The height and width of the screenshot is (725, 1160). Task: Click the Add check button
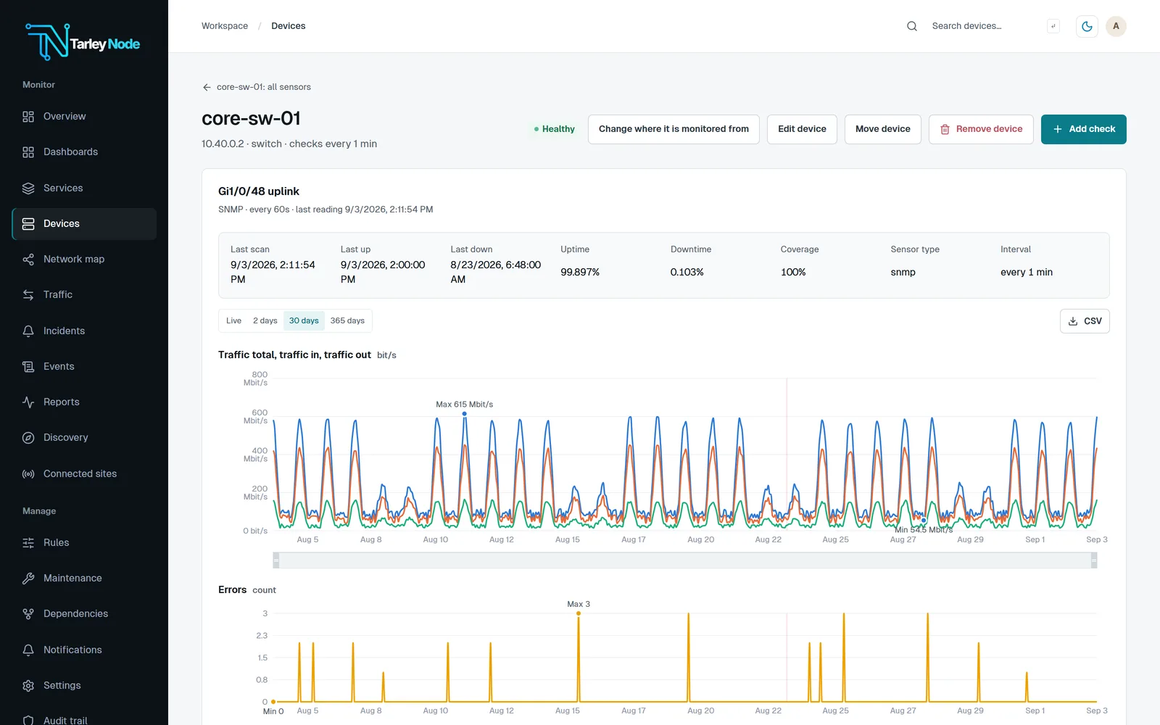tap(1083, 129)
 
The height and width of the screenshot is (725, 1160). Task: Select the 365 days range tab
tap(347, 320)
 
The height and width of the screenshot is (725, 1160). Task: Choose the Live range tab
tap(233, 320)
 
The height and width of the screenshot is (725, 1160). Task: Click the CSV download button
tap(1085, 321)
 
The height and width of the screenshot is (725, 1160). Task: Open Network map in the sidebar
tap(73, 259)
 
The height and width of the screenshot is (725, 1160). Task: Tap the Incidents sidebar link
tap(64, 331)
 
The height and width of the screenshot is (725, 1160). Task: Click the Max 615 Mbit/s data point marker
tap(465, 414)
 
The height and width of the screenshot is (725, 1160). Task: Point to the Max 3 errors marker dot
tap(579, 613)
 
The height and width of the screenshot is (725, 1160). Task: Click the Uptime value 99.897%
tap(579, 272)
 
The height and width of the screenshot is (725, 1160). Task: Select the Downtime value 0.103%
tap(687, 272)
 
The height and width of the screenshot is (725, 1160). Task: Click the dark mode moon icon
tap(1087, 26)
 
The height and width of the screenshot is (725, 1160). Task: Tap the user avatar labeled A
tap(1116, 26)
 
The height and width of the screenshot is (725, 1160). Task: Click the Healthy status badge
tap(554, 129)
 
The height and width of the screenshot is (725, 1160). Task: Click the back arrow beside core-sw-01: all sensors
tap(207, 87)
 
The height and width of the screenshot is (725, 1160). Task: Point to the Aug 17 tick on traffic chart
tap(634, 539)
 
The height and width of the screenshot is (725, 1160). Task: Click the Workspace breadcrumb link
tap(224, 26)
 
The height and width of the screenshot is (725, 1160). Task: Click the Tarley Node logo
tap(83, 42)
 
